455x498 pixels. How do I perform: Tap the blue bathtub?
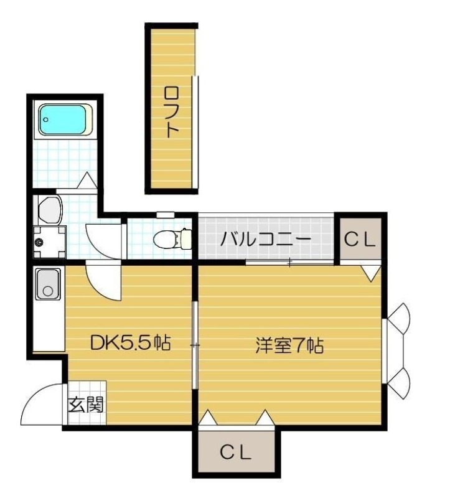pyautogui.click(x=66, y=120)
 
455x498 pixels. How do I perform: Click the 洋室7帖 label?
pyautogui.click(x=289, y=345)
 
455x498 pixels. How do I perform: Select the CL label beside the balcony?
pyautogui.click(x=360, y=240)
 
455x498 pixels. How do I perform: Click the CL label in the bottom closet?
pyautogui.click(x=236, y=453)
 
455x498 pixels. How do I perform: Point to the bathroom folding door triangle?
pyautogui.click(x=87, y=181)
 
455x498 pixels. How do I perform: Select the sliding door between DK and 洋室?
pyautogui.click(x=195, y=345)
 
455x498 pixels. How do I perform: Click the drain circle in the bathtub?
pyautogui.click(x=46, y=120)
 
